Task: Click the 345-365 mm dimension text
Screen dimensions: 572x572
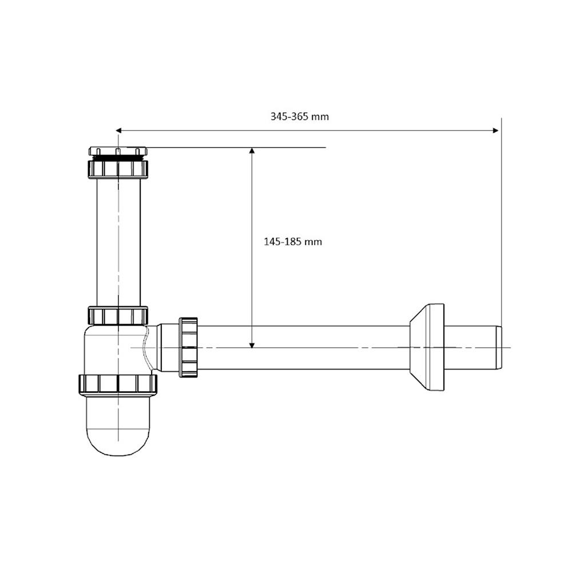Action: click(299, 116)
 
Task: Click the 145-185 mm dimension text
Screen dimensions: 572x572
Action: click(292, 241)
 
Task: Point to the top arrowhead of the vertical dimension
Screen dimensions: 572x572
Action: click(251, 151)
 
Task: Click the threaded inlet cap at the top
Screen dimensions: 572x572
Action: click(118, 152)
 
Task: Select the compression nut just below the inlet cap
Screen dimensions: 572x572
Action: click(118, 168)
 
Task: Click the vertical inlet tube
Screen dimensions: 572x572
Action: click(118, 240)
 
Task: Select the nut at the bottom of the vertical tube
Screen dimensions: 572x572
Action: click(118, 315)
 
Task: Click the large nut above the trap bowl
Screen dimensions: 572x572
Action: click(118, 384)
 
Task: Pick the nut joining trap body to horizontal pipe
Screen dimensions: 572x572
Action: click(188, 347)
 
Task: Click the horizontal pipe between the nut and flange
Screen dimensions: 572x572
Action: click(303, 347)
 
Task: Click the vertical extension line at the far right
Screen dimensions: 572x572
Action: click(501, 229)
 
